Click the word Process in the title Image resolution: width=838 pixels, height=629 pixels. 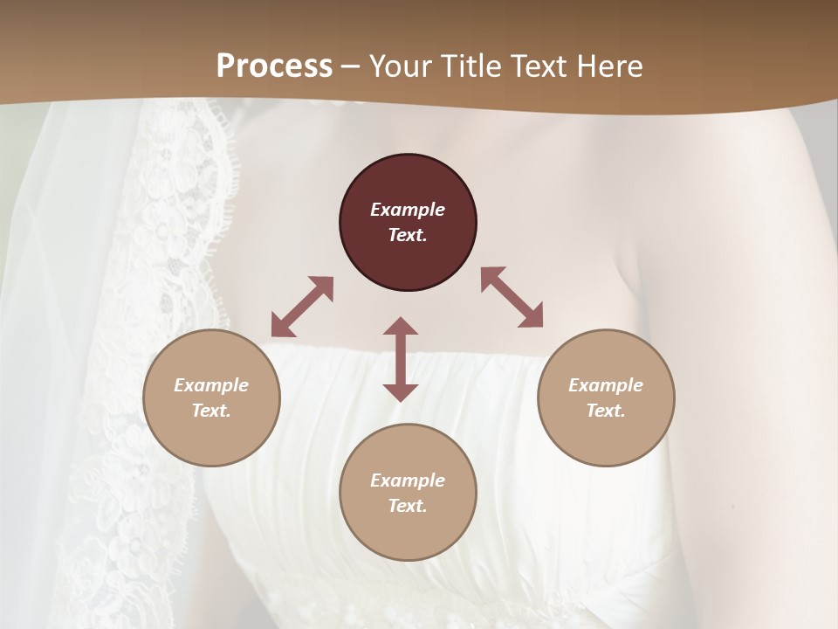[x=274, y=66]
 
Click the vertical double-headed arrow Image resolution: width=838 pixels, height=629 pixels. [x=401, y=359]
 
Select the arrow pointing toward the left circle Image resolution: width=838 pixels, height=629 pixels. [x=302, y=307]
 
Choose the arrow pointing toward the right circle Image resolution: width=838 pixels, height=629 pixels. [x=512, y=297]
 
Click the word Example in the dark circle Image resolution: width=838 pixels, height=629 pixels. [x=408, y=210]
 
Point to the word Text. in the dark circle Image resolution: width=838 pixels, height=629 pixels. [x=408, y=235]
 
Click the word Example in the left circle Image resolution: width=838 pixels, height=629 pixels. [x=211, y=385]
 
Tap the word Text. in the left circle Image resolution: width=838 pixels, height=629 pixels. [x=211, y=411]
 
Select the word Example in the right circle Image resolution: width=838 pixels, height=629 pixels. [x=606, y=385]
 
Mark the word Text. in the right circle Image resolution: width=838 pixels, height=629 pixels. [x=606, y=411]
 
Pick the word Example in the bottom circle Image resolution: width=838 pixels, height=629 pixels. [x=408, y=480]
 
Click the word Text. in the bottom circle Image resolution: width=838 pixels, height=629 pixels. [x=408, y=506]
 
